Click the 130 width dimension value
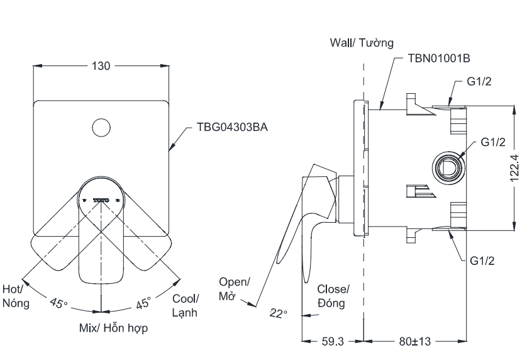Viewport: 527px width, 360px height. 101,65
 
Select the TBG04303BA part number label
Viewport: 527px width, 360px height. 232,127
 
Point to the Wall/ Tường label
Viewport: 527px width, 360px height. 361,43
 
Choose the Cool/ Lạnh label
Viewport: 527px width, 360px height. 186,305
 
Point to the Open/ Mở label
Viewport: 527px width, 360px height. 234,289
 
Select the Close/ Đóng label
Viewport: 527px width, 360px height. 333,295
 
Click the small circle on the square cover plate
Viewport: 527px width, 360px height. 101,127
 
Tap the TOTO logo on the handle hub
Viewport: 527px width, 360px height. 101,200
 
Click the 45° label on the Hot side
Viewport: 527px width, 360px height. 58,303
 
